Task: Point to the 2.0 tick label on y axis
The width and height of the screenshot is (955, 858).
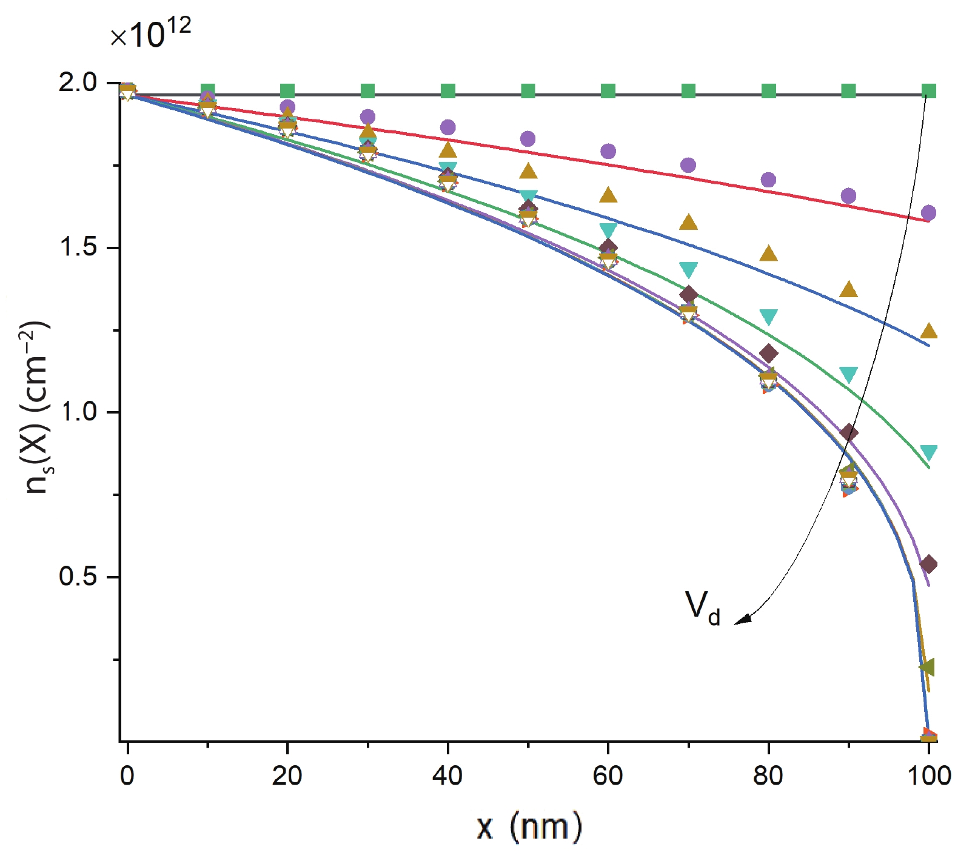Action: coord(78,82)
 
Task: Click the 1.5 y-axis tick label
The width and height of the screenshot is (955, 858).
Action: coord(78,248)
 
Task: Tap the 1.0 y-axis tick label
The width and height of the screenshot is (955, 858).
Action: coord(78,412)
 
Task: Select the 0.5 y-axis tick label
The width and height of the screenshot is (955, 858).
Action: coord(78,577)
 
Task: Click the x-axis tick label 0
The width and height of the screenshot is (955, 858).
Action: coord(127,776)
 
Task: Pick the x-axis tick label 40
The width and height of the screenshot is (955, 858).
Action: coord(447,776)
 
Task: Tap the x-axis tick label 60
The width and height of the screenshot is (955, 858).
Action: coord(608,776)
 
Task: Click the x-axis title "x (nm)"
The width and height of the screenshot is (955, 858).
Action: coord(529,826)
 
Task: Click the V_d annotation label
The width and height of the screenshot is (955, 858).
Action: coord(702,607)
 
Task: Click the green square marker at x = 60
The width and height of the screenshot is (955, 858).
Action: coord(608,91)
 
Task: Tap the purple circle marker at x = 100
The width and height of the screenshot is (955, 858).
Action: coord(928,213)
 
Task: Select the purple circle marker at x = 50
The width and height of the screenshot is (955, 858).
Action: coord(528,139)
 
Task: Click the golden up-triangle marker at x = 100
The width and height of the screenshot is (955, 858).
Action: coord(928,331)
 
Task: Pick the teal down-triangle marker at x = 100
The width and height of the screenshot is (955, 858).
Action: coord(928,452)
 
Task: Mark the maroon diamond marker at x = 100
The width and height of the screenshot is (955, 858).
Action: coord(928,565)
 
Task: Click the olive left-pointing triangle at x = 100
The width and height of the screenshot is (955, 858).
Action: coord(927,667)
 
